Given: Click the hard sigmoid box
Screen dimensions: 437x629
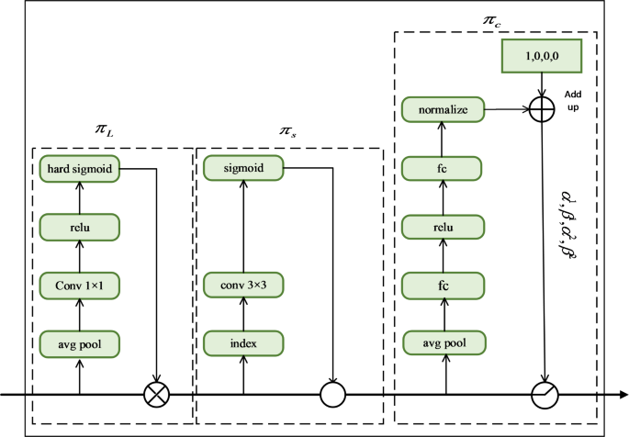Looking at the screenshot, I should pos(80,168).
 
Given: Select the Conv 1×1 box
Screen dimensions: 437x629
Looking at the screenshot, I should pos(80,286).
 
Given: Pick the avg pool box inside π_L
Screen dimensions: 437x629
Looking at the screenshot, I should pos(80,343).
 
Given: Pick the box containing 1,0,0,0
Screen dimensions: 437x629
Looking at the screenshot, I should pos(541,57).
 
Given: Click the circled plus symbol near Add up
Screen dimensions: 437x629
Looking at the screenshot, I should pos(544,110).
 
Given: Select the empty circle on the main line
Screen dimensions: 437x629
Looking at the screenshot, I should pos(331,396).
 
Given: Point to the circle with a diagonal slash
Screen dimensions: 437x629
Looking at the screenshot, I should pos(544,396).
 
